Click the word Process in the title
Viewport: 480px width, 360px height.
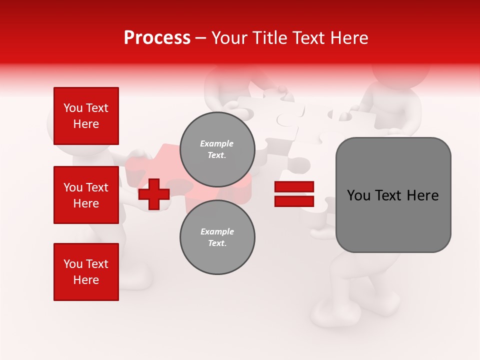[157, 38]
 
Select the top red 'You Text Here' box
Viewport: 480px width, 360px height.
[86, 116]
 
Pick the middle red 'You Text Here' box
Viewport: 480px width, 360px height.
[86, 195]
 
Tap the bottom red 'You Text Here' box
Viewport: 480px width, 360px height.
[86, 272]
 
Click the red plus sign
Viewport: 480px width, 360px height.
[154, 194]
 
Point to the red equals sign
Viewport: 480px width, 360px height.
[294, 194]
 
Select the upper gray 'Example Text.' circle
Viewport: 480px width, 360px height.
[217, 149]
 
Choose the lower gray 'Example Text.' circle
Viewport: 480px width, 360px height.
[217, 237]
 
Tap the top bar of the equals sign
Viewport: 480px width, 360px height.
[294, 187]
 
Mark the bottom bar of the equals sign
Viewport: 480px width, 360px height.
[294, 201]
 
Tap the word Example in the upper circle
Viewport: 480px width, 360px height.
[217, 143]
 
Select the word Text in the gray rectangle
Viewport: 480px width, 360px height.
[390, 195]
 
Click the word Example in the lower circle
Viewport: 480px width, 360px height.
[217, 231]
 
